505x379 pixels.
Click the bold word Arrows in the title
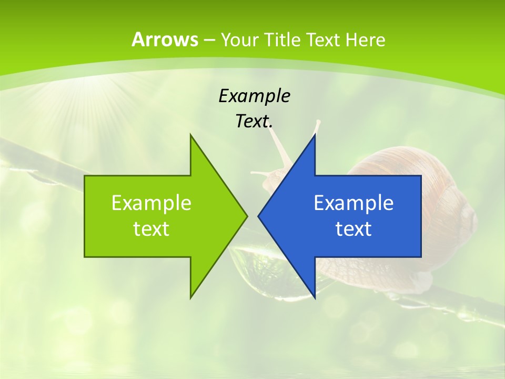(165, 39)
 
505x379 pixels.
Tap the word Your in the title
(239, 39)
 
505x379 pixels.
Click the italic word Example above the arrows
(254, 96)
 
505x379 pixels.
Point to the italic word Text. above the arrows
(254, 122)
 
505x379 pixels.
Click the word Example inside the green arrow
(151, 203)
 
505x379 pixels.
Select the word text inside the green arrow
(151, 229)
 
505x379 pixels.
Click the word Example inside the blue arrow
(353, 203)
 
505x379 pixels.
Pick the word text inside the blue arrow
(353, 229)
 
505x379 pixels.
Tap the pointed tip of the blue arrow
(260, 216)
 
